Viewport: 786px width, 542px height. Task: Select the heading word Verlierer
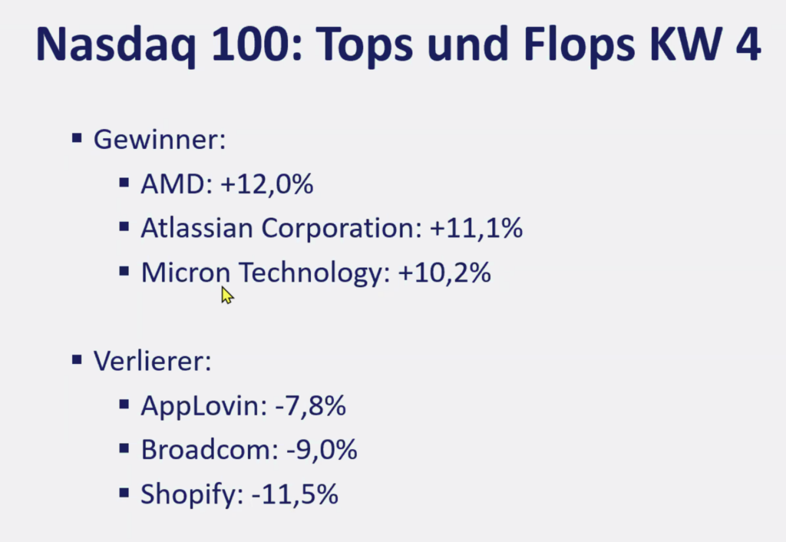click(152, 362)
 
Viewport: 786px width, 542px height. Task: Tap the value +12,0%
click(266, 185)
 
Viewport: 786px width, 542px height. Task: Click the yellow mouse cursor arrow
click(226, 295)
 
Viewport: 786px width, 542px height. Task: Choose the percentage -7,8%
click(309, 406)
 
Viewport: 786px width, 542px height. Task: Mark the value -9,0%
click(321, 450)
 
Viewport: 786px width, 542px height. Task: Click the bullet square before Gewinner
click(77, 138)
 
